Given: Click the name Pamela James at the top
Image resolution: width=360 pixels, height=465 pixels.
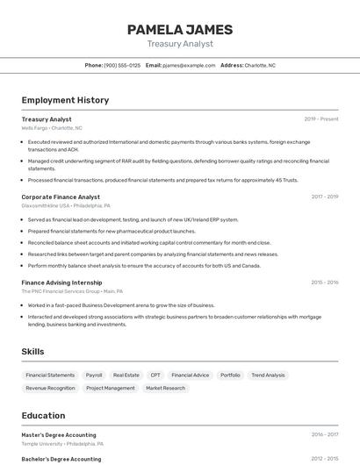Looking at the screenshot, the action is pyautogui.click(x=180, y=29).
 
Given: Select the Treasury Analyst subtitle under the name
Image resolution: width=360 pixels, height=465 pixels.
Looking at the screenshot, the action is pyautogui.click(x=180, y=44).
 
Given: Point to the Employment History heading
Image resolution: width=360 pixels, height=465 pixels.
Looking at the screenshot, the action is pyautogui.click(x=65, y=100).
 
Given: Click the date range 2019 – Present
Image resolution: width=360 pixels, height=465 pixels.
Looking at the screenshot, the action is pyautogui.click(x=321, y=119).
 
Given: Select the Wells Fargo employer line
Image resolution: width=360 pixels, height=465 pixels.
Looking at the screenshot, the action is pyautogui.click(x=52, y=128).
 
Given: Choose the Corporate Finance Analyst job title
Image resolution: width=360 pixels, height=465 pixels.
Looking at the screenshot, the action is pyautogui.click(x=61, y=197).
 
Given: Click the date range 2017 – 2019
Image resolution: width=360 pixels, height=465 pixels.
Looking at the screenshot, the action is pyautogui.click(x=324, y=197).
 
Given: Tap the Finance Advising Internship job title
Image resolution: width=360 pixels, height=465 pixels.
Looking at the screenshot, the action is pyautogui.click(x=61, y=283).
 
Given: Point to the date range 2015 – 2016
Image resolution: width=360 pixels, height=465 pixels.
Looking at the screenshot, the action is pyautogui.click(x=324, y=283).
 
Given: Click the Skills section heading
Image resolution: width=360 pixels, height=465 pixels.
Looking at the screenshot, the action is pyautogui.click(x=33, y=351).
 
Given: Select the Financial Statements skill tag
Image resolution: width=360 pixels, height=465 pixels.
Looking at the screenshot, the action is pyautogui.click(x=50, y=376).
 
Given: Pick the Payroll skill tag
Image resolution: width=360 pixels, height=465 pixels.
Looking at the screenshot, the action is pyautogui.click(x=94, y=376).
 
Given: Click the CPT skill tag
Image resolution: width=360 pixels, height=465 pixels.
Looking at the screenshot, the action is pyautogui.click(x=155, y=376).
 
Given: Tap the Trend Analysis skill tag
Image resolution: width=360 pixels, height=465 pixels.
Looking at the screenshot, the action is pyautogui.click(x=268, y=376).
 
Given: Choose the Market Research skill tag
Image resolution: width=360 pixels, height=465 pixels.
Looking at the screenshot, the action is pyautogui.click(x=165, y=388).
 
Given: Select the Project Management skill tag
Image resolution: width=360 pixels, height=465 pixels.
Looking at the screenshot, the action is pyautogui.click(x=111, y=388).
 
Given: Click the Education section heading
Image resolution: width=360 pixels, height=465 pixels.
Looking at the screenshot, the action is pyautogui.click(x=44, y=415).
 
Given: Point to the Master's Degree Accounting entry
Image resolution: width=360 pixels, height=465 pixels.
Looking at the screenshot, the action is pyautogui.click(x=59, y=434).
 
